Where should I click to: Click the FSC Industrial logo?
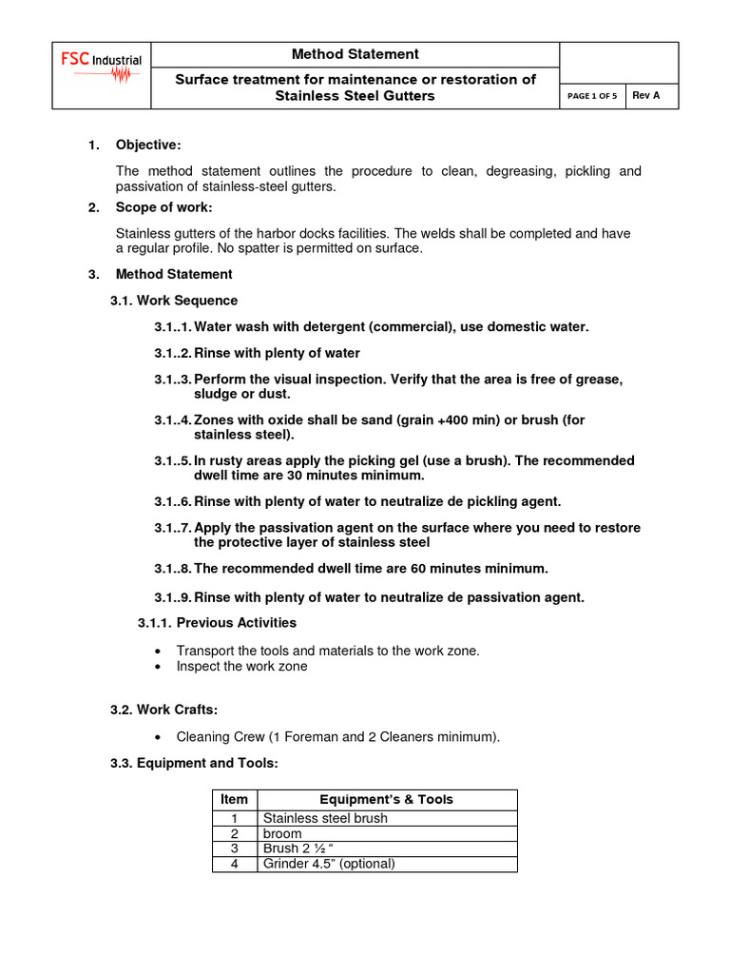click(102, 68)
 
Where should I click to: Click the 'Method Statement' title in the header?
click(355, 54)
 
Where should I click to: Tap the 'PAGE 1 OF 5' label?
click(592, 96)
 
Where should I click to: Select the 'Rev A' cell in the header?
click(646, 96)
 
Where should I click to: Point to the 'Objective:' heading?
click(148, 145)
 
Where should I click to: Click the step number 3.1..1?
click(173, 326)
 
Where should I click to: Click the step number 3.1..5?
click(173, 460)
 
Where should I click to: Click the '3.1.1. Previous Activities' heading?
click(218, 622)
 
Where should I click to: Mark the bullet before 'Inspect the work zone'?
click(158, 667)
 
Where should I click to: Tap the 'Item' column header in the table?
click(234, 799)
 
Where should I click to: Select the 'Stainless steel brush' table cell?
click(325, 818)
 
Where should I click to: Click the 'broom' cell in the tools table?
click(282, 833)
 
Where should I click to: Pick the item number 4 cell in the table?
click(234, 864)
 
